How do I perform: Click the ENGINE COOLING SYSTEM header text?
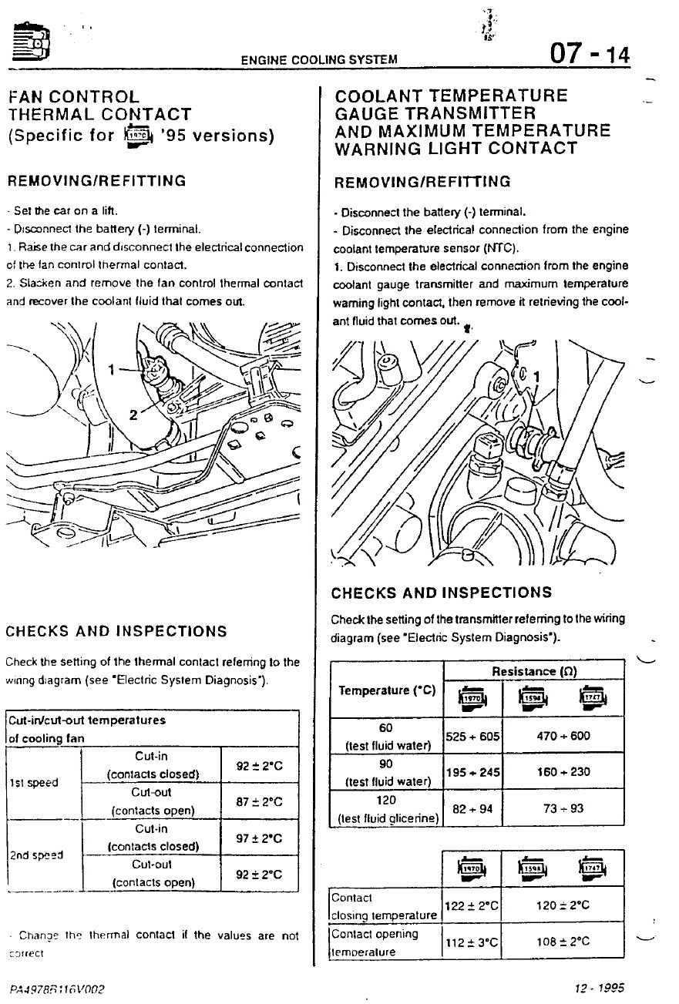pos(319,59)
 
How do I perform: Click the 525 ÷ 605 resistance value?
pos(472,736)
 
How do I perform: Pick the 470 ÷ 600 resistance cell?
pos(563,736)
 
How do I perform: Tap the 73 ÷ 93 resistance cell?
pos(563,808)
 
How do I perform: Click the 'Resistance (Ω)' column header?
pos(533,671)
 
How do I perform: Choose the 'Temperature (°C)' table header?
pos(387,690)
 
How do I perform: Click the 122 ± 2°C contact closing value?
pos(472,906)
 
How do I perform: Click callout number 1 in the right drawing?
pos(537,376)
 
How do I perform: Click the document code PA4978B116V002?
pos(57,989)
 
